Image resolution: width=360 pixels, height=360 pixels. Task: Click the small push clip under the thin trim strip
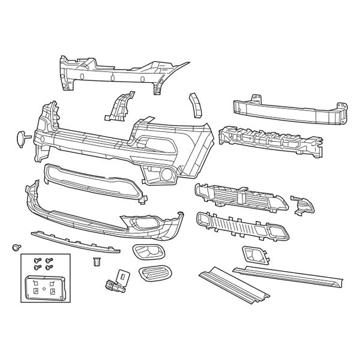coord(96,262)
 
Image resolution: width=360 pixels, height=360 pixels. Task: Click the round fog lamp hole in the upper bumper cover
coord(164,175)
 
